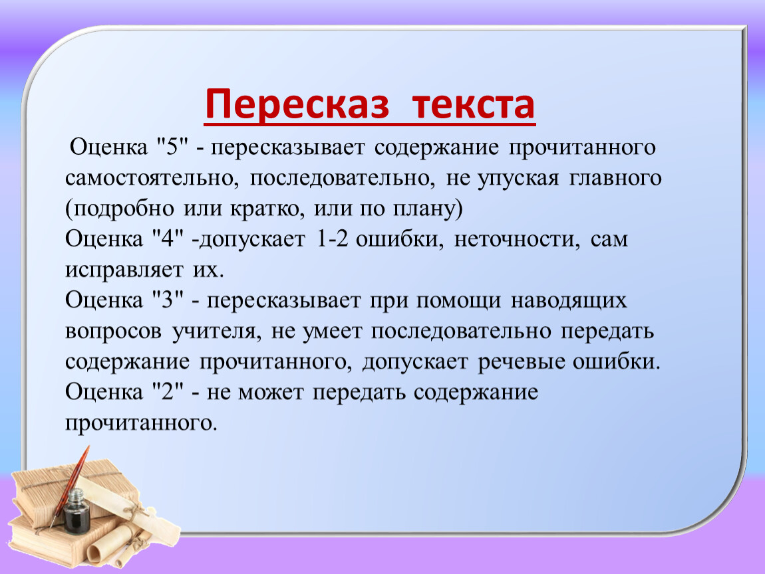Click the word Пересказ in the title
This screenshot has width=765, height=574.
coord(297,105)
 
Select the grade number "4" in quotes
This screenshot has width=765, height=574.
coord(168,239)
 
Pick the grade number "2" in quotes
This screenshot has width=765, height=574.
coord(168,391)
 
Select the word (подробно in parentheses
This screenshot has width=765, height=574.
coord(120,209)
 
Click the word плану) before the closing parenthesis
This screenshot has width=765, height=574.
coord(428,209)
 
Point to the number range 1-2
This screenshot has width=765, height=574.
coord(332,239)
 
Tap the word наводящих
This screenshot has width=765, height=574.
coord(568,301)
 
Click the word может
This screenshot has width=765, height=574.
coord(271,392)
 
